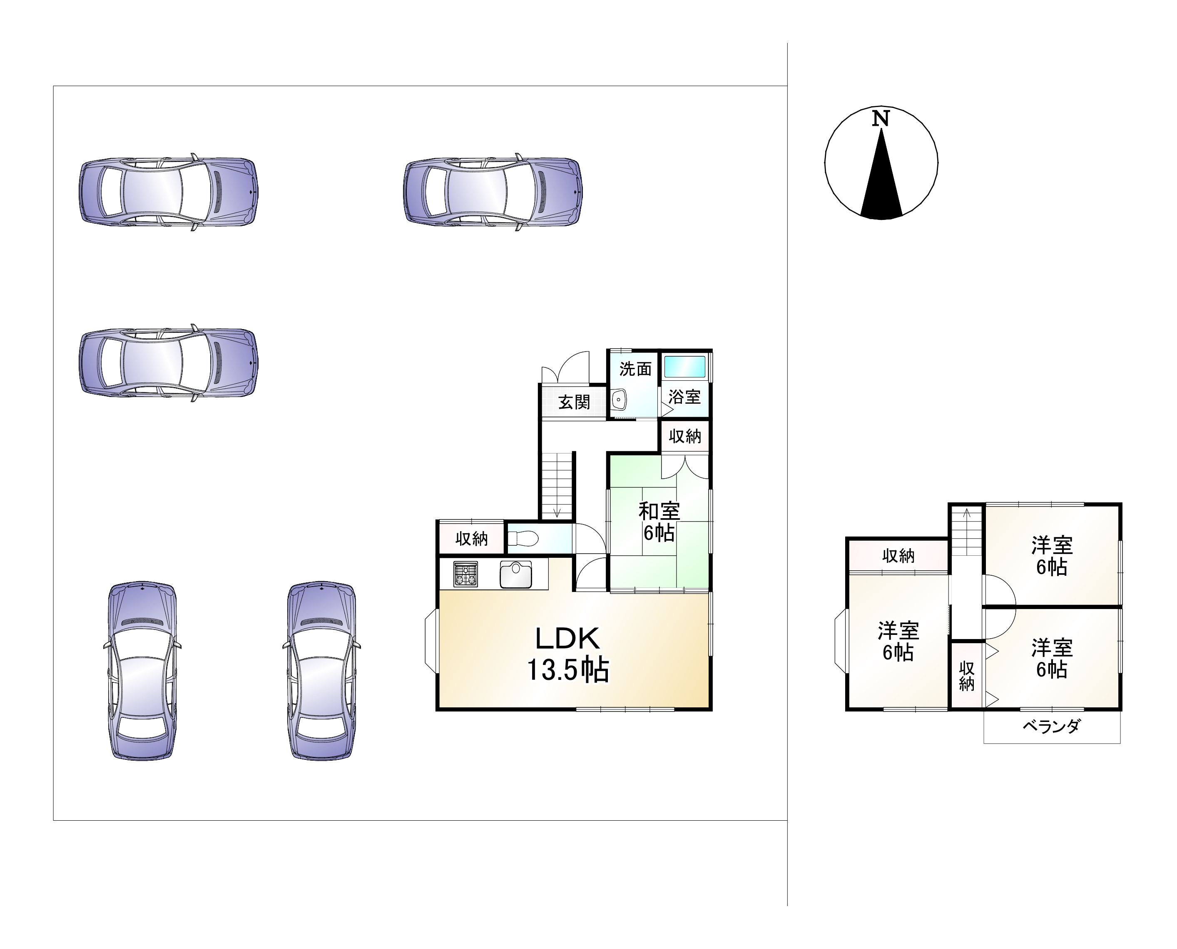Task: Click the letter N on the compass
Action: point(880,118)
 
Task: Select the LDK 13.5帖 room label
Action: point(568,654)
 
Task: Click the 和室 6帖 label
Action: point(659,522)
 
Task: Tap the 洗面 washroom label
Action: point(635,369)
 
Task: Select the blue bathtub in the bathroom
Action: point(684,366)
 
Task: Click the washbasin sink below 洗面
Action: point(619,400)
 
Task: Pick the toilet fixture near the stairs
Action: point(523,539)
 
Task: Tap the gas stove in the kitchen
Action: point(465,574)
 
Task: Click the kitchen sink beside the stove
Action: point(515,574)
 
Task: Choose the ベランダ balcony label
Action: point(1051,726)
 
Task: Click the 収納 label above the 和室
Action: point(684,436)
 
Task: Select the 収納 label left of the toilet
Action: point(472,539)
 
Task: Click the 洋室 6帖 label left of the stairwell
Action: point(898,641)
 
